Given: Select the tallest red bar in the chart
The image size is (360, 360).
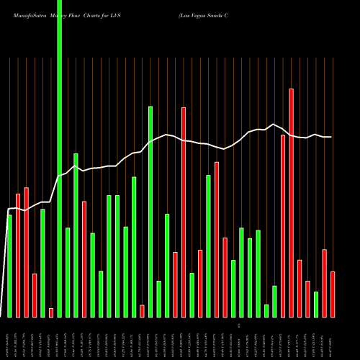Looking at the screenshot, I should point(292,202).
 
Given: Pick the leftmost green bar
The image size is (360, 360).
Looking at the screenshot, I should point(9,266).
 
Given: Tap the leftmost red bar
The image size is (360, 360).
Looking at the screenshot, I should point(18,255).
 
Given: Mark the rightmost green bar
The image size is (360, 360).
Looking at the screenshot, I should point(316,304).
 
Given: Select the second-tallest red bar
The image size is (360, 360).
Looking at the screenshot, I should point(184,212).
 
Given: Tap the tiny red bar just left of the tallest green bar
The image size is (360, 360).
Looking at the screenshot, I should point(51,312).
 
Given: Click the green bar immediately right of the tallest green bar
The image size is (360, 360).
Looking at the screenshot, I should point(68,272).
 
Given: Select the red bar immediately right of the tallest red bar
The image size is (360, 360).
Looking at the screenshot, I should point(300,288).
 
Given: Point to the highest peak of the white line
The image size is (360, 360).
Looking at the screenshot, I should point(273,124).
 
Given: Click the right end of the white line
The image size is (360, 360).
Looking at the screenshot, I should point(331,137).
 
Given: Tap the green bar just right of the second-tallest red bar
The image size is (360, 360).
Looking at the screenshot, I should point(192,294).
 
